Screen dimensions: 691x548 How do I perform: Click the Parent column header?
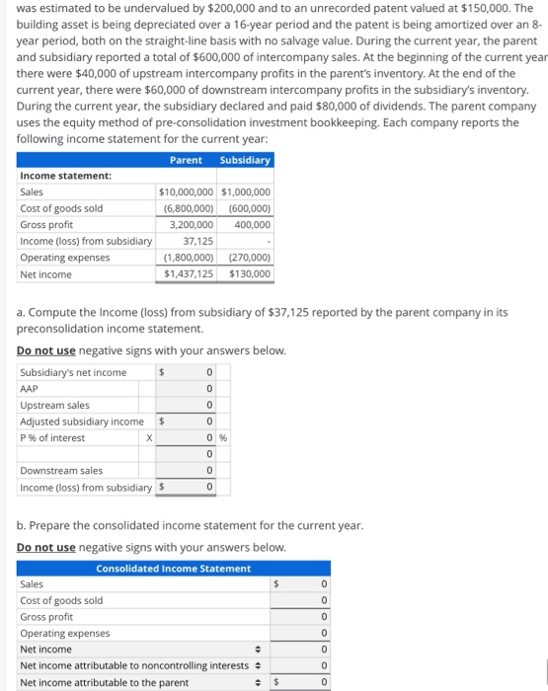[186, 160]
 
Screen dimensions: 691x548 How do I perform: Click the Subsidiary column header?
[245, 160]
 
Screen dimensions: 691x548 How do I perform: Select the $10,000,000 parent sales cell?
[186, 192]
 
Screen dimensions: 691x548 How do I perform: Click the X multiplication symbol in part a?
[148, 438]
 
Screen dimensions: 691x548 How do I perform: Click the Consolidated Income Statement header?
[174, 568]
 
